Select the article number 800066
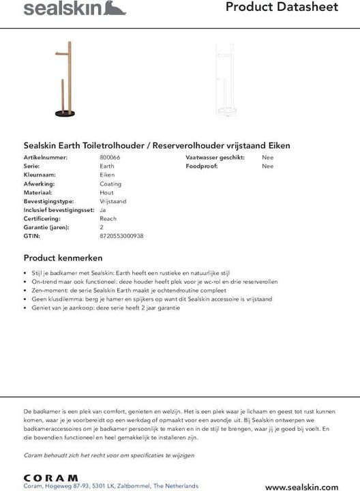110,158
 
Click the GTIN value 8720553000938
121,236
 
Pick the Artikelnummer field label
46,158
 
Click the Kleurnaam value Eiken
107,175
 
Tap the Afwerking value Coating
110,184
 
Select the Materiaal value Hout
106,193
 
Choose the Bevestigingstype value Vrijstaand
113,201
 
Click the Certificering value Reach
108,219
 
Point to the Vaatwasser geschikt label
214,158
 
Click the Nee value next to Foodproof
267,166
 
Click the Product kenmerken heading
63,258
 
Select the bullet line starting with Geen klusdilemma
151,299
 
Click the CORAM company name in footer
50,477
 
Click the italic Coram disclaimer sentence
109,455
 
